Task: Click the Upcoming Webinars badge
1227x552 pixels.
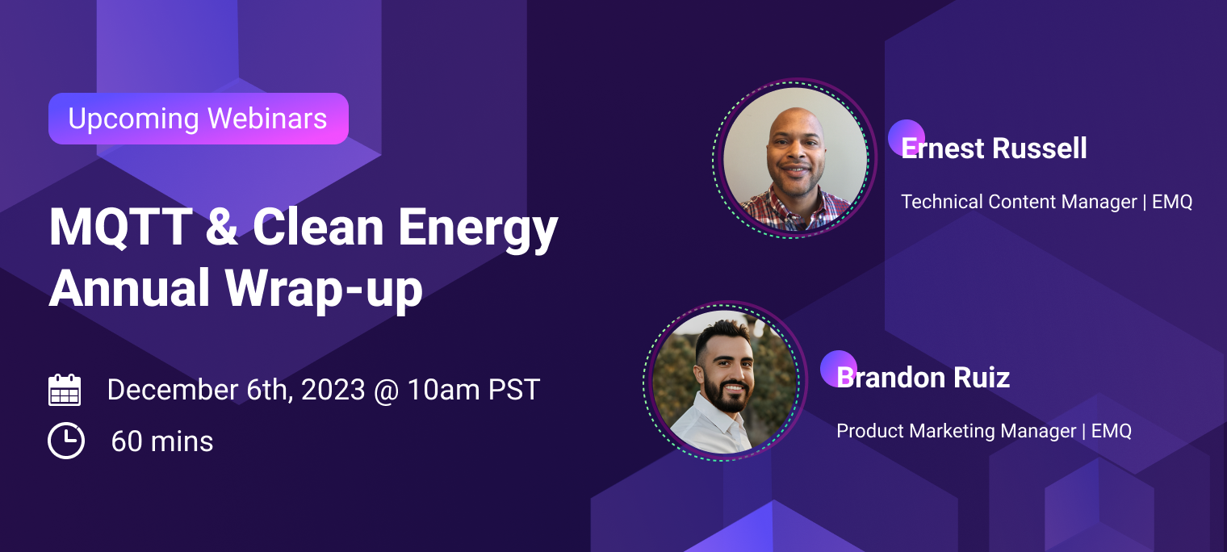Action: tap(199, 119)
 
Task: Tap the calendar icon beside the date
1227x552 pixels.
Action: tap(65, 390)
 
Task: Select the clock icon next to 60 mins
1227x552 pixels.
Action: tap(66, 441)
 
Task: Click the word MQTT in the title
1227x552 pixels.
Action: tap(120, 228)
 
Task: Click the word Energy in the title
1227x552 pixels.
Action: tap(478, 231)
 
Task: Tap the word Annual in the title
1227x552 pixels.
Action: tap(130, 288)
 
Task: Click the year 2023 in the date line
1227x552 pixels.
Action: tap(333, 390)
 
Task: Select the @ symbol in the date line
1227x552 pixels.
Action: tap(387, 391)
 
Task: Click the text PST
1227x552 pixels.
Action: tap(513, 390)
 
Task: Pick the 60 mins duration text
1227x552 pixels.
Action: tap(162, 441)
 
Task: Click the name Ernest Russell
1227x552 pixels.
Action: tap(994, 148)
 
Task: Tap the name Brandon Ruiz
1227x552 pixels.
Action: tap(923, 378)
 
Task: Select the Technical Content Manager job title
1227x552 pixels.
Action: tap(1020, 202)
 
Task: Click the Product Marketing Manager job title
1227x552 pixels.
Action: tap(957, 431)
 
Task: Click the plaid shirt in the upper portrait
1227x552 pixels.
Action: tap(794, 211)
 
